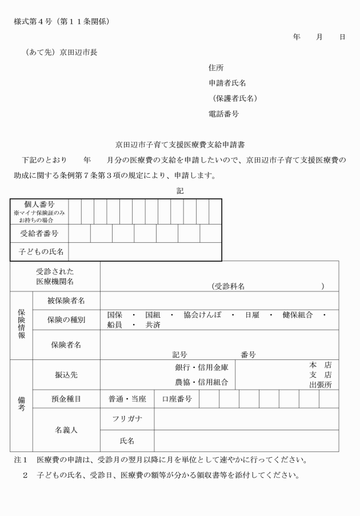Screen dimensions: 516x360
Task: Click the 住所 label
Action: (x=216, y=68)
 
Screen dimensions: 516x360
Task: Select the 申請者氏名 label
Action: (x=227, y=83)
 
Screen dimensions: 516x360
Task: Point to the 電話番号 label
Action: (x=223, y=114)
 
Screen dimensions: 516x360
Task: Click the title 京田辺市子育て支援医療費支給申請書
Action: (x=180, y=145)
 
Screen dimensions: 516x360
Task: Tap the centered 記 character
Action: (x=180, y=191)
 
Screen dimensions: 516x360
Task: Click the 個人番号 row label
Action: (x=39, y=205)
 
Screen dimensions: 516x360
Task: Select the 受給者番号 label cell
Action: (x=39, y=234)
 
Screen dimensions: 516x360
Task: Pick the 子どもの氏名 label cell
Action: (x=39, y=252)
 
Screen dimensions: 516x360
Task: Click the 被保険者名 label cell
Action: (x=66, y=301)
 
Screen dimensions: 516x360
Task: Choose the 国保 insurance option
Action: (x=115, y=315)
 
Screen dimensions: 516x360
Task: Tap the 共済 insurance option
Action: (x=153, y=325)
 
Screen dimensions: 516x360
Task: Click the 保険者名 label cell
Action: (x=66, y=345)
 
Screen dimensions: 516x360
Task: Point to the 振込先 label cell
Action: (x=66, y=375)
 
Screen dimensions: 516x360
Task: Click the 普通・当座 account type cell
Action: (x=127, y=399)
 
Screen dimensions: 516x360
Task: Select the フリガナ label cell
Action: (x=127, y=419)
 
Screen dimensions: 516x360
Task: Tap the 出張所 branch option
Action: (x=320, y=385)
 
